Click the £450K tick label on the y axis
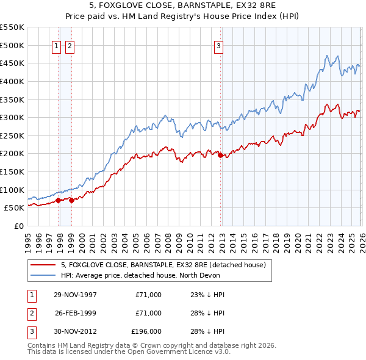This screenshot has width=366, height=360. pyautogui.click(x=13, y=63)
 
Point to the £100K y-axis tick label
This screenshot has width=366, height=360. pyautogui.click(x=13, y=190)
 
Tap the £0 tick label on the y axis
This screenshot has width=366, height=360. pyautogui.click(x=19, y=226)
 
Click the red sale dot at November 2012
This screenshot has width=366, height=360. pyautogui.click(x=220, y=155)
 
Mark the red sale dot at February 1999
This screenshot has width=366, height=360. pyautogui.click(x=72, y=200)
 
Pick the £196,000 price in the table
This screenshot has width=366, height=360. pyautogui.click(x=146, y=331)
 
